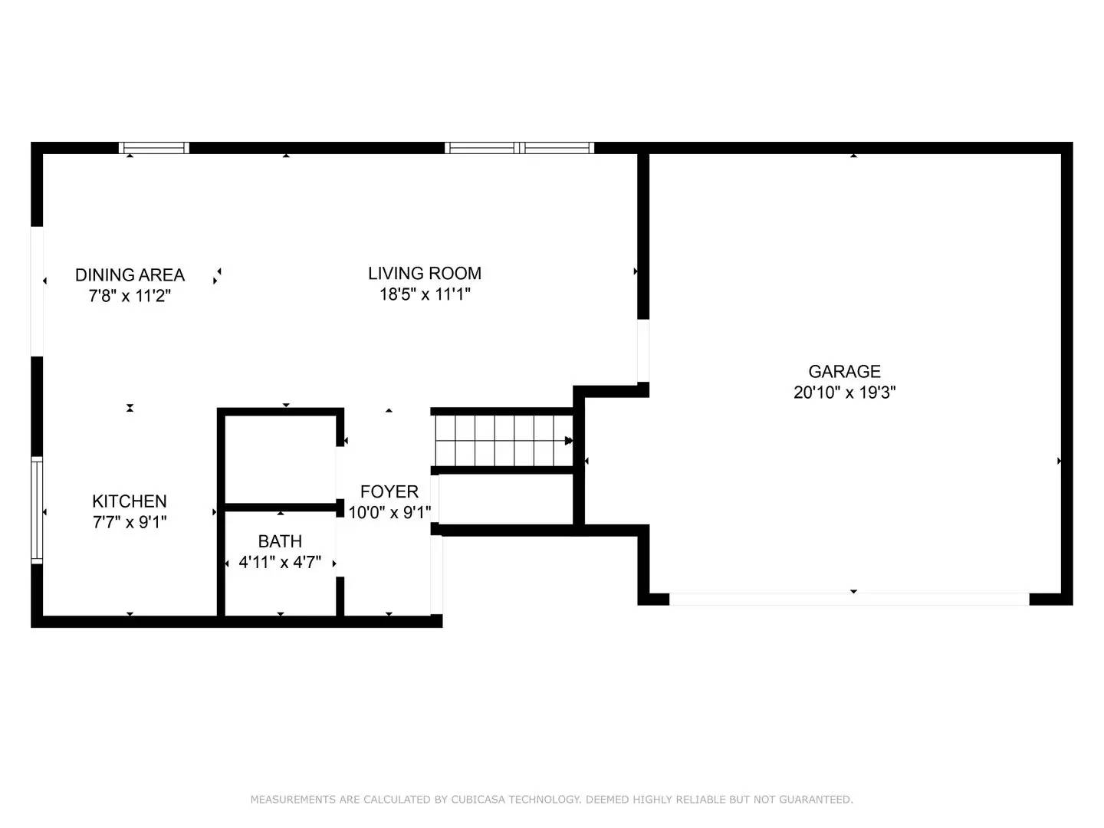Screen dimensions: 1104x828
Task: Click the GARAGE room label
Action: [844, 372]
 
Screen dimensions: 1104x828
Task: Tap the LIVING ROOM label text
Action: [425, 274]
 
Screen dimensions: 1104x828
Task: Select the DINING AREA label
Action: [130, 275]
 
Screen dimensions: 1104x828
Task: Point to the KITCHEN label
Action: [130, 501]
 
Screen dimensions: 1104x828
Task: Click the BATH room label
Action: [280, 541]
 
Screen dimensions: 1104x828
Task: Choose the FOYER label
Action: [389, 491]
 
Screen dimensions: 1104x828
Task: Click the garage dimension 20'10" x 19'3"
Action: [844, 392]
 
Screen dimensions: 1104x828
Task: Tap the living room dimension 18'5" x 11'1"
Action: [425, 294]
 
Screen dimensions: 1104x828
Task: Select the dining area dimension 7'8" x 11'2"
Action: [130, 296]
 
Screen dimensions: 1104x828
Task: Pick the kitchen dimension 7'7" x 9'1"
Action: [130, 522]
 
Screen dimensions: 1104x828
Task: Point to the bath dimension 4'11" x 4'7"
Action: [280, 562]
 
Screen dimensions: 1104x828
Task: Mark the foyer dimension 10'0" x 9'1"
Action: [389, 512]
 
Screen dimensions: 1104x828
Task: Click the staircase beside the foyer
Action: [504, 441]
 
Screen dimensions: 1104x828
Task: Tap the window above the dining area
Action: [154, 148]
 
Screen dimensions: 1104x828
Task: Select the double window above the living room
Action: [520, 148]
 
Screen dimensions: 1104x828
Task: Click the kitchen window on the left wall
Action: [37, 511]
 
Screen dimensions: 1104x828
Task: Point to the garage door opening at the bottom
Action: [849, 599]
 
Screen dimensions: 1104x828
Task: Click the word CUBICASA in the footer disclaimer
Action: [478, 800]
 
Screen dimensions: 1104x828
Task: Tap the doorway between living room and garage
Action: [643, 350]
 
